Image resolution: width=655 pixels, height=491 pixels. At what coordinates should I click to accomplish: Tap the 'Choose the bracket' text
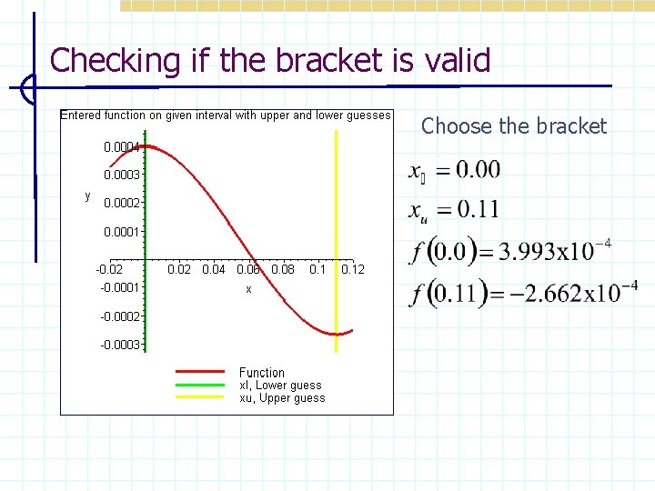click(x=514, y=126)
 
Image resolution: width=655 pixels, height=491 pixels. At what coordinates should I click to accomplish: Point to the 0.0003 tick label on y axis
click(x=121, y=174)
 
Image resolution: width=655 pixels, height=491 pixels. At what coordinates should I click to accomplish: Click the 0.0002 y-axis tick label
click(x=121, y=203)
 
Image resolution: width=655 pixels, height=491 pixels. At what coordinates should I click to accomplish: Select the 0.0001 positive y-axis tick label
click(x=121, y=232)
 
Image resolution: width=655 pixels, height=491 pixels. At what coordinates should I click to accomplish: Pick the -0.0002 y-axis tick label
click(x=119, y=316)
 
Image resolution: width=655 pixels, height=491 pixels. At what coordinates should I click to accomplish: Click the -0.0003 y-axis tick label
click(x=119, y=345)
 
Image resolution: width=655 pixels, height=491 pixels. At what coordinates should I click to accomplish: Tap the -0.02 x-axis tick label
click(x=108, y=269)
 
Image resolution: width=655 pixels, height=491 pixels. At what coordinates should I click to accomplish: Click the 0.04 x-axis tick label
click(x=213, y=269)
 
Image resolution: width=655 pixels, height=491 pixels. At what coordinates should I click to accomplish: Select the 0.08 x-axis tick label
click(x=283, y=269)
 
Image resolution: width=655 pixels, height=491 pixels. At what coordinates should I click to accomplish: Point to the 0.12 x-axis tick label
click(x=352, y=269)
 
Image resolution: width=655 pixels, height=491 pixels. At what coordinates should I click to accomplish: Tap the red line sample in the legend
click(x=199, y=372)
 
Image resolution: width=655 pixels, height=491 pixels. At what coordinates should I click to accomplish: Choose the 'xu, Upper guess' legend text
click(x=281, y=397)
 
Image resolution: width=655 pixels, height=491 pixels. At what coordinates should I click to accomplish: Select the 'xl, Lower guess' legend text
click(x=280, y=385)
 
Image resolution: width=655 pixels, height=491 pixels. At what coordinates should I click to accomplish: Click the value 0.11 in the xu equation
click(x=478, y=209)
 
